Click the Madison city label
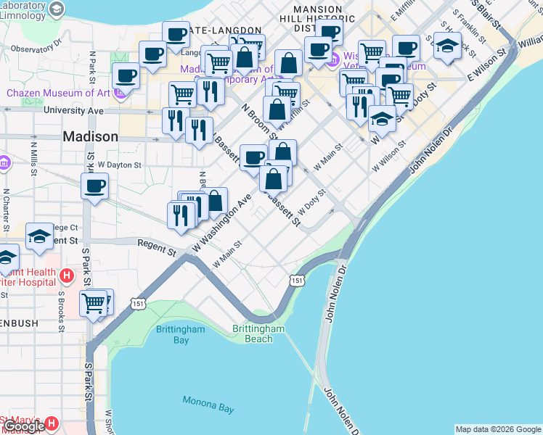(x=90, y=136)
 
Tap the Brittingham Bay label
(x=172, y=334)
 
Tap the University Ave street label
(x=73, y=111)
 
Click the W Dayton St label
(x=121, y=165)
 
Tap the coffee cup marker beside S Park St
(x=95, y=186)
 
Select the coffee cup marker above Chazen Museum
(x=126, y=74)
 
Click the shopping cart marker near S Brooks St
(x=94, y=303)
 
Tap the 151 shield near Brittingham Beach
(x=297, y=280)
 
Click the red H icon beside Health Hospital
(x=67, y=275)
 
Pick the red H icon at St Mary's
(x=51, y=423)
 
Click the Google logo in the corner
(x=24, y=426)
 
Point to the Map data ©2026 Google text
(x=498, y=429)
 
